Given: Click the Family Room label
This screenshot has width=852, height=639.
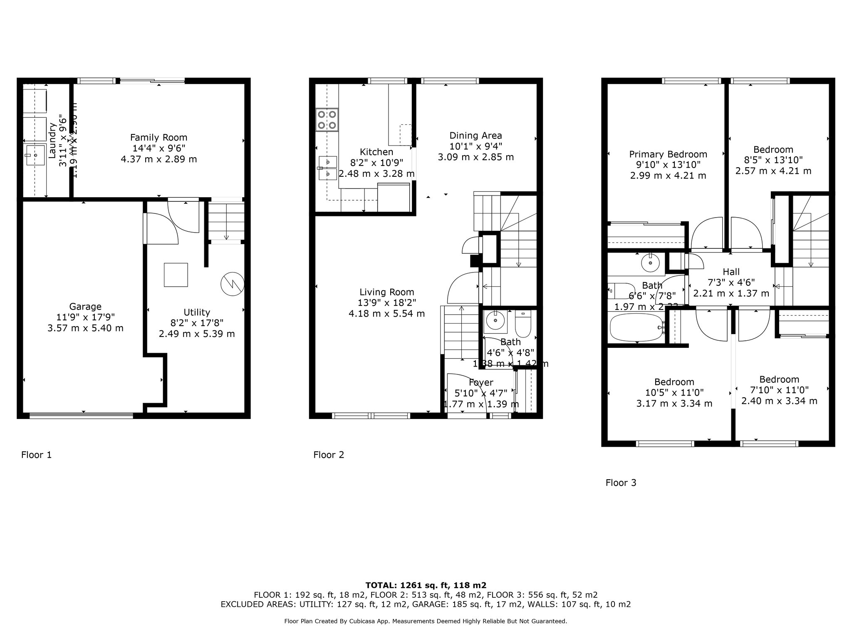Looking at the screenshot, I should [x=159, y=137].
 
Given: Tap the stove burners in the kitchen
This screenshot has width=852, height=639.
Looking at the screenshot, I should [x=327, y=119].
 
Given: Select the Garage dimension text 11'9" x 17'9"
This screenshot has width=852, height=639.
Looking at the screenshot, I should [x=85, y=317].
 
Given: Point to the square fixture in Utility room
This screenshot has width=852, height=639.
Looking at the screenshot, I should [x=176, y=275].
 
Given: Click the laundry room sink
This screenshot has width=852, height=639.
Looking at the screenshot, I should [x=36, y=155].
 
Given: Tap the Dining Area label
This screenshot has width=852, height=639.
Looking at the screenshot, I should [x=476, y=135].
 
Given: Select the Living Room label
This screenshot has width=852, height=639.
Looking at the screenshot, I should [x=386, y=292].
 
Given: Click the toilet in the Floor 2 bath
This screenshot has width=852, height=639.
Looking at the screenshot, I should [x=523, y=324].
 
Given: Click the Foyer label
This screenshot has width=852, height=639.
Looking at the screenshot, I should [x=481, y=382].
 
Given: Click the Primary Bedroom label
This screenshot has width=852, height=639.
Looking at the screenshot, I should [x=668, y=154].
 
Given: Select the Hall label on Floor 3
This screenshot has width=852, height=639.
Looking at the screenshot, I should [x=731, y=272].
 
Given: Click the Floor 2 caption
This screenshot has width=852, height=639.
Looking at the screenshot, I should [x=329, y=455].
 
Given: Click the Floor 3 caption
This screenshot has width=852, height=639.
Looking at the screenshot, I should [x=621, y=483].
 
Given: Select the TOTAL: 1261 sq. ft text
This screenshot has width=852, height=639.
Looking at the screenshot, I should [x=426, y=585].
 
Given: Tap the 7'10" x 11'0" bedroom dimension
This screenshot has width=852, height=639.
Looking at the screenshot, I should [x=779, y=390].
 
